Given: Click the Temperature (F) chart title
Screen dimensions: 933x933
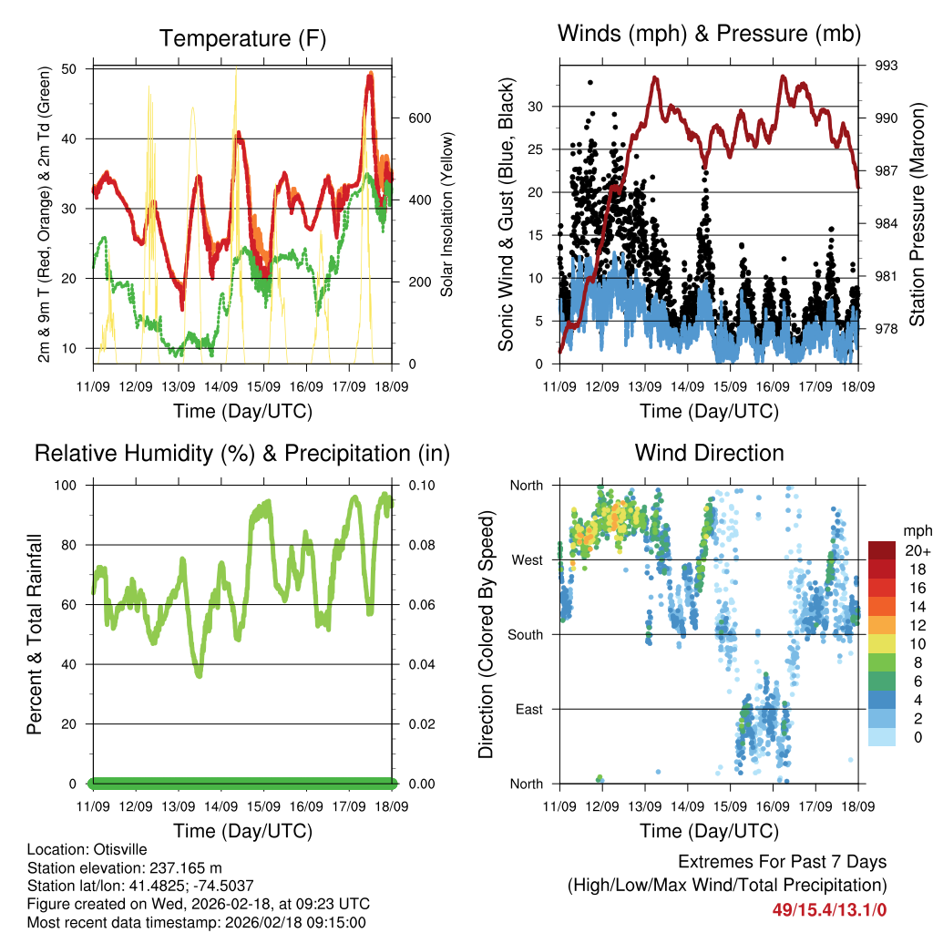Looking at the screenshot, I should tap(242, 38).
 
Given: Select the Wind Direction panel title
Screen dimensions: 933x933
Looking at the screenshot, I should tap(709, 452).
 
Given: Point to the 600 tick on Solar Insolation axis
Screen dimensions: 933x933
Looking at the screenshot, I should tap(419, 118).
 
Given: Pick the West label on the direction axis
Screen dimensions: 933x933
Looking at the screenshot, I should tap(527, 559).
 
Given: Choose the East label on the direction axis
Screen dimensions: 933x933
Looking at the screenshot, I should tap(528, 709).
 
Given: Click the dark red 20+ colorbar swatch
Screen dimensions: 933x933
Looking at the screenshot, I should tap(883, 550).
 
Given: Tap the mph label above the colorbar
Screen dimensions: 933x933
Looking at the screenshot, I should tap(916, 530).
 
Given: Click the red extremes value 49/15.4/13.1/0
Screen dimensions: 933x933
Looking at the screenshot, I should tap(829, 908).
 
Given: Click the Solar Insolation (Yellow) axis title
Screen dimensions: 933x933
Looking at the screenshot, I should tap(447, 215).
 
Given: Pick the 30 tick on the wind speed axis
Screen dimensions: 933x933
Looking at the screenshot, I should tap(538, 107).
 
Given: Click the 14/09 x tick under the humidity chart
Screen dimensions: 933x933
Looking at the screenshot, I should tap(221, 806).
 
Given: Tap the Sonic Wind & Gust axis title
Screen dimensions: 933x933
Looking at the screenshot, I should tap(506, 215).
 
